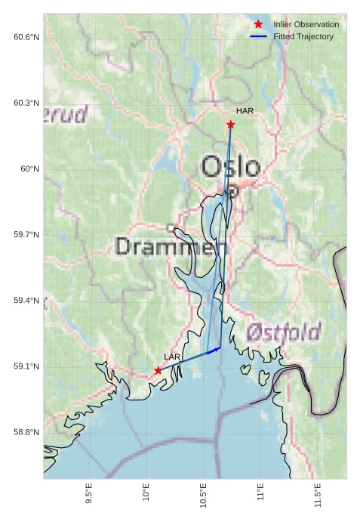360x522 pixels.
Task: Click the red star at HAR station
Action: [230, 124]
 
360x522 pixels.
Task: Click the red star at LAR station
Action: [158, 370]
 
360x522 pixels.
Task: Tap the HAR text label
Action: [245, 111]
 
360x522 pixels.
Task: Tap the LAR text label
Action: [172, 357]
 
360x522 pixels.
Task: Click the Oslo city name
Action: [231, 167]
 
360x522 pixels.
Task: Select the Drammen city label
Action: [172, 246]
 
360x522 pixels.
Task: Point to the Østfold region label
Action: [283, 332]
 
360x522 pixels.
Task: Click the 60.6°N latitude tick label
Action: [26, 37]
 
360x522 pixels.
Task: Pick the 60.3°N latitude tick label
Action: [26, 103]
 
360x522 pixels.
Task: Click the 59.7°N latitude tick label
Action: [26, 235]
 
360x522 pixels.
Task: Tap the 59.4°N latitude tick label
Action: [26, 301]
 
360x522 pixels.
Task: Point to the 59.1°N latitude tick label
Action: [26, 366]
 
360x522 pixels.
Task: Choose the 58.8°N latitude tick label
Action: [26, 432]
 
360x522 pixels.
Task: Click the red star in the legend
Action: [258, 24]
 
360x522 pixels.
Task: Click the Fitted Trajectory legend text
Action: [303, 36]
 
